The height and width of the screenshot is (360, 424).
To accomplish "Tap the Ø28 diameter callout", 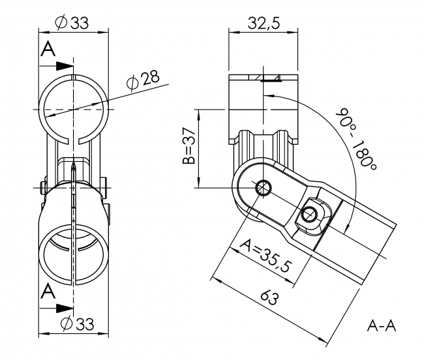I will pos(142,80).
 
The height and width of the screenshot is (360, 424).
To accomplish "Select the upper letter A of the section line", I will pos(48,50).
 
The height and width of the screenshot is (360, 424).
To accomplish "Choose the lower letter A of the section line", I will pos(48,292).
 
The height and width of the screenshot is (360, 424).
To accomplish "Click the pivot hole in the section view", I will pos(263,187).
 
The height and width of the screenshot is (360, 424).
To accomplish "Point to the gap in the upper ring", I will pos(74,138).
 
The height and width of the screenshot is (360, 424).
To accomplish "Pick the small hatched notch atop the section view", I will pos(271,78).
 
